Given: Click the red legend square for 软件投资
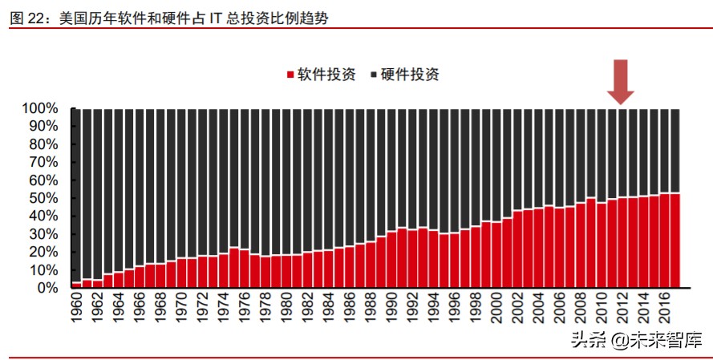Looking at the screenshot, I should pyautogui.click(x=290, y=75).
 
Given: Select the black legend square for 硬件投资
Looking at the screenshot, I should pyautogui.click(x=374, y=75).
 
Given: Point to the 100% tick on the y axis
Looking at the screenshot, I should pyautogui.click(x=40, y=108).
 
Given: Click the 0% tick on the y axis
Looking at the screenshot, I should pyautogui.click(x=47, y=288).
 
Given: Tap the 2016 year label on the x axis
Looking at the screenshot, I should pyautogui.click(x=665, y=309).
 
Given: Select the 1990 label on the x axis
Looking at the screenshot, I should pyautogui.click(x=392, y=309).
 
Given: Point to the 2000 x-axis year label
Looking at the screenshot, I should pyautogui.click(x=497, y=309).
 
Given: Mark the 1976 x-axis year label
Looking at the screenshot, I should pyautogui.click(x=245, y=309).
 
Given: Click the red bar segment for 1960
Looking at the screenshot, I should pyautogui.click(x=77, y=285).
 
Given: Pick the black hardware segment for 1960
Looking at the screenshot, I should pyautogui.click(x=77, y=192).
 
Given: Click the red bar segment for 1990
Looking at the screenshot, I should pyautogui.click(x=392, y=260).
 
